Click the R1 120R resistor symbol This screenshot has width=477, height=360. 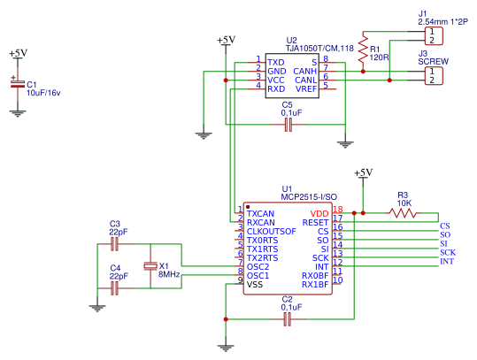(x=363, y=51)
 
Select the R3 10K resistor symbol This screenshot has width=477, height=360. (x=403, y=213)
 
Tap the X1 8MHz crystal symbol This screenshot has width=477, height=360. (x=150, y=266)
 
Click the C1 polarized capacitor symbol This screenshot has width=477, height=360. (x=18, y=84)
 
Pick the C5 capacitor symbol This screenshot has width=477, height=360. (x=289, y=125)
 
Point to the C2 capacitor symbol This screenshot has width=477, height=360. (x=287, y=319)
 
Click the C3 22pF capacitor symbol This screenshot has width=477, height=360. (x=115, y=244)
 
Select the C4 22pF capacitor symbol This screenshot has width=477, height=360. (x=115, y=288)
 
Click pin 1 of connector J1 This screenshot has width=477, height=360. (x=432, y=31)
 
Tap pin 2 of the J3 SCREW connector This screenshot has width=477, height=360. (x=432, y=80)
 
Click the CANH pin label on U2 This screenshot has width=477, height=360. (x=304, y=72)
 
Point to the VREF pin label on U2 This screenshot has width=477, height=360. (x=306, y=89)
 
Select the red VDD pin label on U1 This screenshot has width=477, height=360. (x=319, y=213)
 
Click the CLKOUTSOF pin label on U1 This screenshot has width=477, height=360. (x=271, y=232)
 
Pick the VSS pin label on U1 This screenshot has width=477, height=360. (x=255, y=285)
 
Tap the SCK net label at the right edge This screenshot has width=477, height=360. (x=448, y=252)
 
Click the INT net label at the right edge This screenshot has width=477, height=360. (x=447, y=261)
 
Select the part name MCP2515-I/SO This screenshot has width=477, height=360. (x=309, y=197)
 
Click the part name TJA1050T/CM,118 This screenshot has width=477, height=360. (x=319, y=49)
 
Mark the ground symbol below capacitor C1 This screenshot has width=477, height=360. (x=18, y=113)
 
